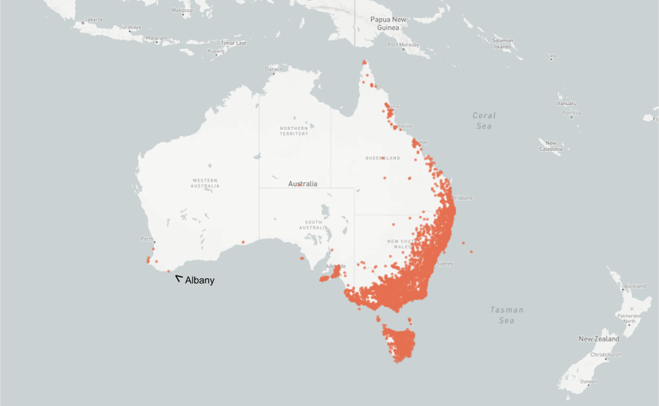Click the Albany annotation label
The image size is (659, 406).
[199, 281]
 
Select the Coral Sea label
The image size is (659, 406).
[484, 121]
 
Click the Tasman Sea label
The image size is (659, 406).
[507, 314]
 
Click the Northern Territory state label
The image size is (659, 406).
[294, 131]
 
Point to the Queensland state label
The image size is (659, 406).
[382, 158]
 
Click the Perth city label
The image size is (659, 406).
[147, 239]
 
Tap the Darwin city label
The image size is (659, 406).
[274, 70]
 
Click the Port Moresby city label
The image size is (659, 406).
[403, 45]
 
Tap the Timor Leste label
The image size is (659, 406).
[233, 43]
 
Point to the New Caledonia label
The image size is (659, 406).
[552, 146]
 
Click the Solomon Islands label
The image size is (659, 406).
[502, 43]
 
